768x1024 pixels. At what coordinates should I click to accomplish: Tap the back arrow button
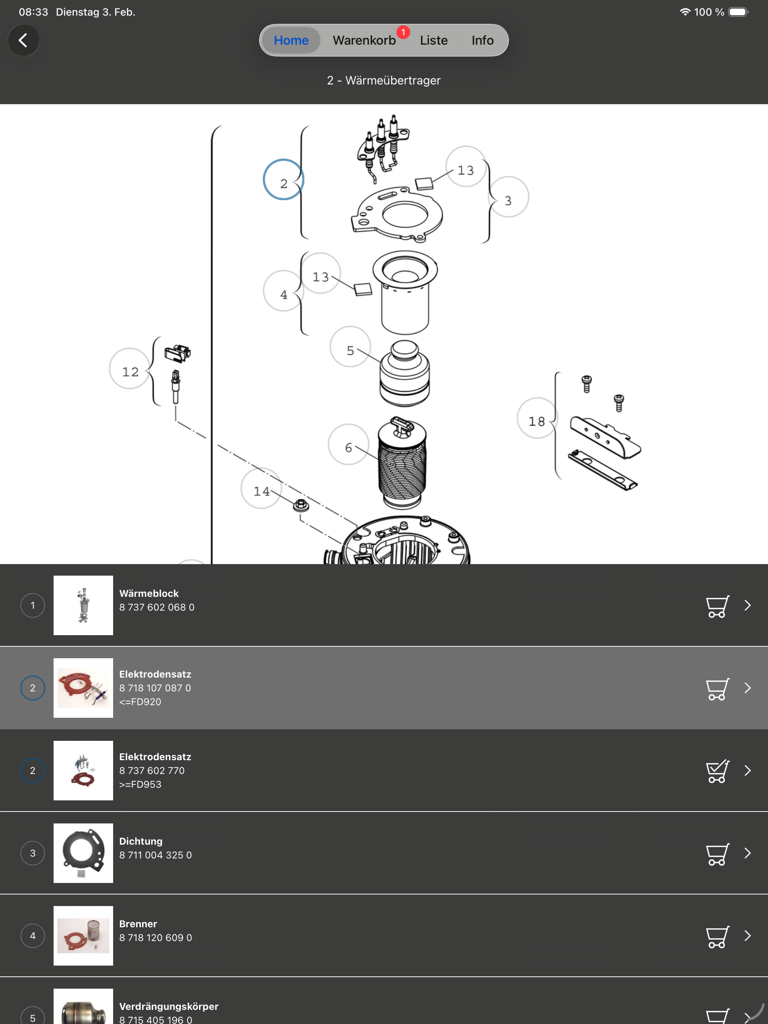pos(23,40)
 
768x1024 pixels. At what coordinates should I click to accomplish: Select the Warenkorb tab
pos(364,40)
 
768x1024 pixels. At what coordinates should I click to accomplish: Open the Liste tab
pos(433,40)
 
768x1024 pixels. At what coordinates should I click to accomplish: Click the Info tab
pos(482,40)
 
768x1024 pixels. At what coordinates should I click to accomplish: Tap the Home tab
pos(291,40)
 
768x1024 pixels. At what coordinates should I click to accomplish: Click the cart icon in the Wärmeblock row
pos(717,606)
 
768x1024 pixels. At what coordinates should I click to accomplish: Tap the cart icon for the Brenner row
pos(717,937)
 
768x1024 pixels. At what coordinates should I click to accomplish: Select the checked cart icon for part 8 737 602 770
pos(717,771)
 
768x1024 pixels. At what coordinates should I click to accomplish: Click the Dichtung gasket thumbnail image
pos(83,853)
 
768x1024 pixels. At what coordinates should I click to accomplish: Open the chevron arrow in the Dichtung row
pos(748,853)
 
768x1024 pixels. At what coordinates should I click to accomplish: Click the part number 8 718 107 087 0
pos(155,688)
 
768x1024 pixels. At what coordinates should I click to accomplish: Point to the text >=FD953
pos(140,784)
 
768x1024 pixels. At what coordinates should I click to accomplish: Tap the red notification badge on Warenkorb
pos(403,32)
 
